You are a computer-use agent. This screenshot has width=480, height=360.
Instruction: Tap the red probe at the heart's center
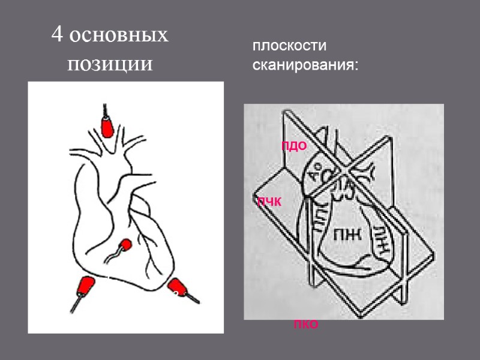(126, 244)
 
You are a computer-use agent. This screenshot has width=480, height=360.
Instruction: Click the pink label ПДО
(295, 146)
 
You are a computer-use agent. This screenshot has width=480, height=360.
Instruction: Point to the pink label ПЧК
(269, 202)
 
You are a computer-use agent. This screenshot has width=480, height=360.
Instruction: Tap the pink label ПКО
(305, 325)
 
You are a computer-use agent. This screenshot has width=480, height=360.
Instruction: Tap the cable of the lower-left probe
(74, 302)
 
